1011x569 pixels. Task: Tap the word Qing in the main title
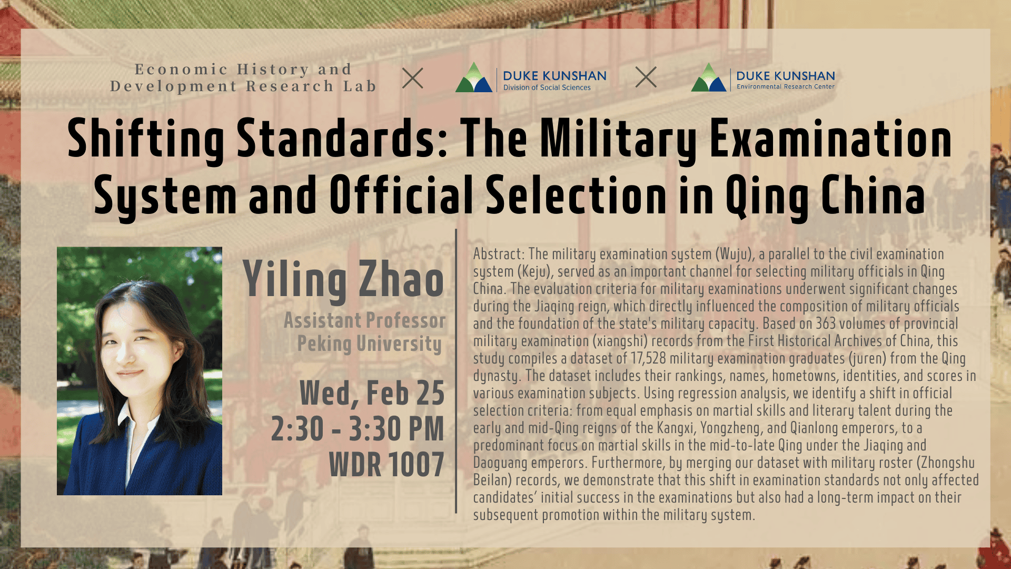click(767, 196)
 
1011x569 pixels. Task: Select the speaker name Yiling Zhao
click(343, 280)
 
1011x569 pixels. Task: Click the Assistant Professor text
click(364, 320)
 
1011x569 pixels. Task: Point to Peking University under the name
click(370, 344)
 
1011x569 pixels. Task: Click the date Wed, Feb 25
click(372, 394)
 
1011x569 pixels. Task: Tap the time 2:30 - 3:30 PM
click(358, 429)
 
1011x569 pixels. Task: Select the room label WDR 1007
click(386, 464)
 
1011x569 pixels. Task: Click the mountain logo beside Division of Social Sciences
click(473, 78)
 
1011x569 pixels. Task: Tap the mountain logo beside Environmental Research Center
click(709, 77)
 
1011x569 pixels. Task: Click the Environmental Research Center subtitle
click(786, 86)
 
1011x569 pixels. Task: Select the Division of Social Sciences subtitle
click(547, 87)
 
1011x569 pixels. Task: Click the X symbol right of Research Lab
click(413, 78)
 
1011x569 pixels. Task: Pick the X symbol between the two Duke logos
click(646, 77)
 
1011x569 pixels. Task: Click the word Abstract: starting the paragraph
click(499, 254)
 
